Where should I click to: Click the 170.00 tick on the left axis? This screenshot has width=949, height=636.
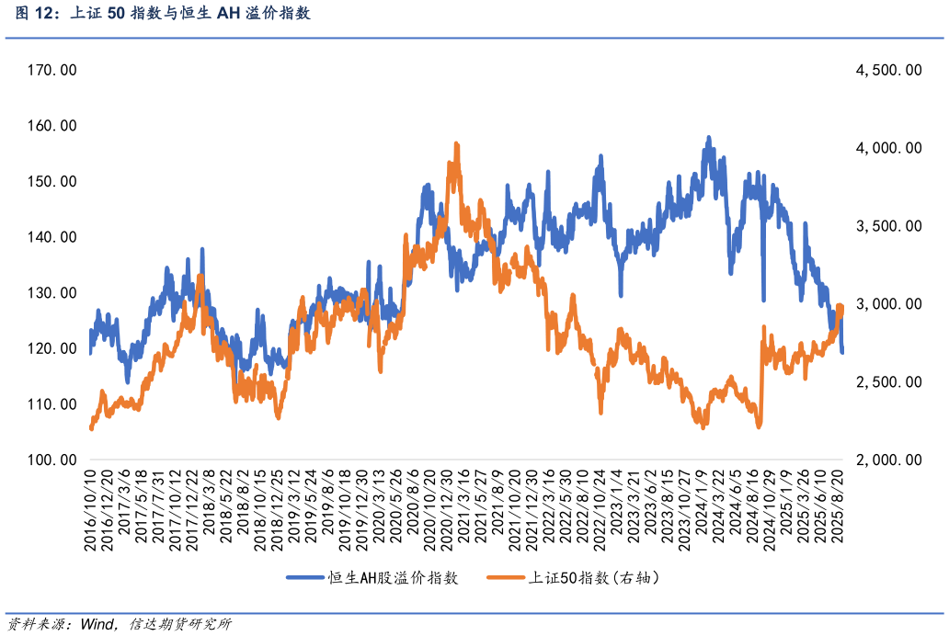(x=52, y=70)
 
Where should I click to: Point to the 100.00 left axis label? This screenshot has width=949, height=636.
(x=52, y=460)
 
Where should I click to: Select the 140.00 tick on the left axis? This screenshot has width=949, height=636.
(x=52, y=237)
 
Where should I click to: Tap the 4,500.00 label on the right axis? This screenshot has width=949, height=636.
(x=888, y=70)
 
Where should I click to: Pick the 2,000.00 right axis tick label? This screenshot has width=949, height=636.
(x=888, y=460)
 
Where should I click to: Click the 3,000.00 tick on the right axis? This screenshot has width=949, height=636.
(x=888, y=304)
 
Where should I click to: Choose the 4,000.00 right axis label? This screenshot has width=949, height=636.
(x=888, y=148)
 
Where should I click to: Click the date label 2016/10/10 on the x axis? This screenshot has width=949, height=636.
(x=91, y=510)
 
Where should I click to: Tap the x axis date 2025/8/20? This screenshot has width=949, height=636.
(x=838, y=510)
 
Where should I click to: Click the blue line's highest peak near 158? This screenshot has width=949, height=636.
(x=708, y=138)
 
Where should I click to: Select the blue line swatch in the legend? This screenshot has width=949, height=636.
(x=306, y=578)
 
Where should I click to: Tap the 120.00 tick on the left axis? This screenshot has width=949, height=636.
(x=52, y=348)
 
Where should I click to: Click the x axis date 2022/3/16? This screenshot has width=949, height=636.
(x=547, y=510)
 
